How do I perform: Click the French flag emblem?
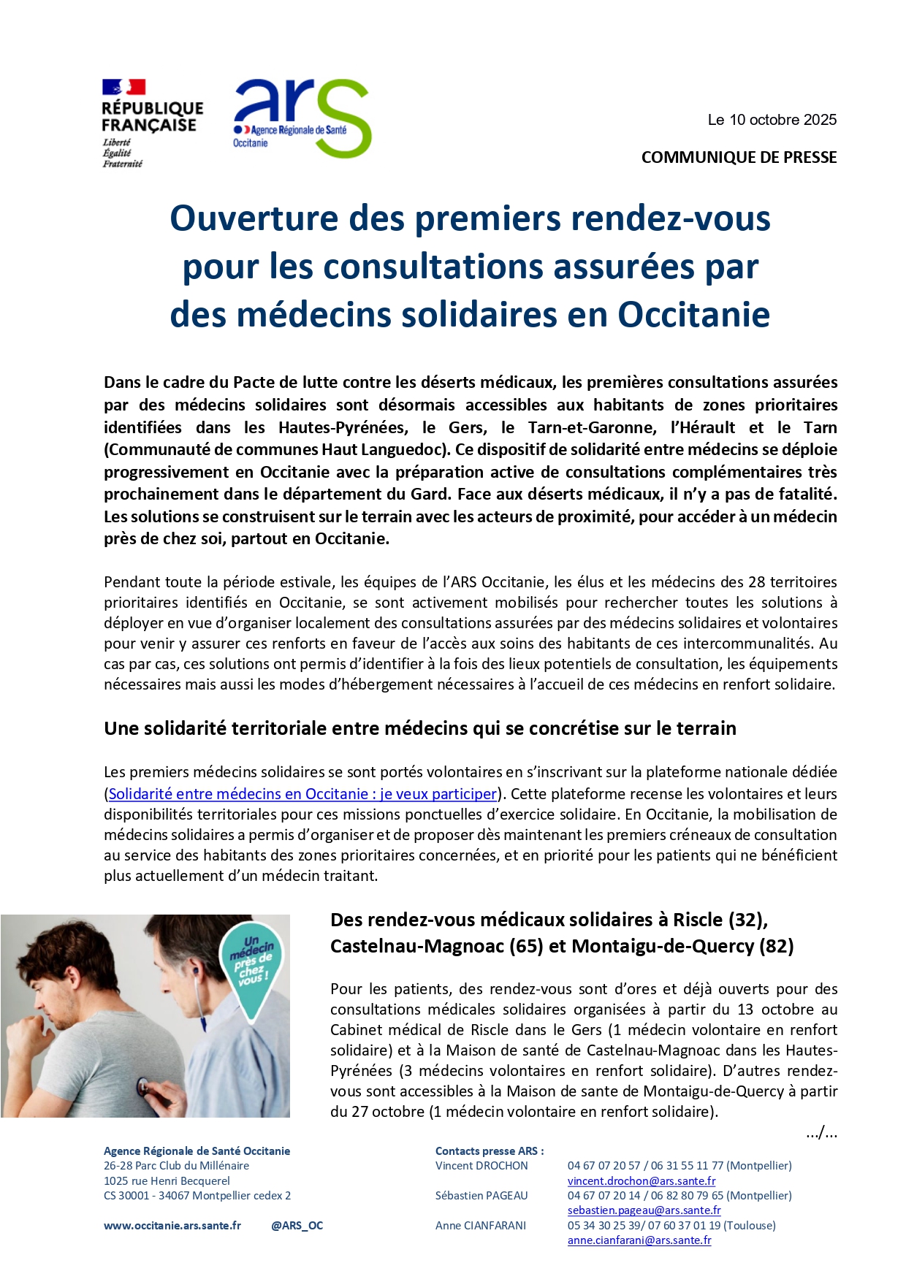pyautogui.click(x=123, y=88)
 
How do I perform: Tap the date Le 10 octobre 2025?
pyautogui.click(x=772, y=120)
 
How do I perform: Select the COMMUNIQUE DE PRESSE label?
pyautogui.click(x=739, y=157)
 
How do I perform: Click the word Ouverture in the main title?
pyautogui.click(x=254, y=218)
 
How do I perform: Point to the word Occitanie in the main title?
pyautogui.click(x=693, y=315)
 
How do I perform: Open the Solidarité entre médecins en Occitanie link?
pyautogui.click(x=302, y=793)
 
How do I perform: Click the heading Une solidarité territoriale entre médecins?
pyautogui.click(x=420, y=728)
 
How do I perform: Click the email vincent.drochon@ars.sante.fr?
pyautogui.click(x=641, y=1180)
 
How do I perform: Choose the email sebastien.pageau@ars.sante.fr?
pyautogui.click(x=644, y=1210)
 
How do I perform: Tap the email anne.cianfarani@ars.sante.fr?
pyautogui.click(x=639, y=1240)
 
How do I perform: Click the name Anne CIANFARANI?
pyautogui.click(x=480, y=1225)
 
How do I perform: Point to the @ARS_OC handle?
pyautogui.click(x=297, y=1225)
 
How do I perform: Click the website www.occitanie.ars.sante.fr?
pyautogui.click(x=172, y=1225)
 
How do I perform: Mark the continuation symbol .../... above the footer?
pyautogui.click(x=821, y=1133)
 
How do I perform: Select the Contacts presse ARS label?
pyautogui.click(x=489, y=1151)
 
